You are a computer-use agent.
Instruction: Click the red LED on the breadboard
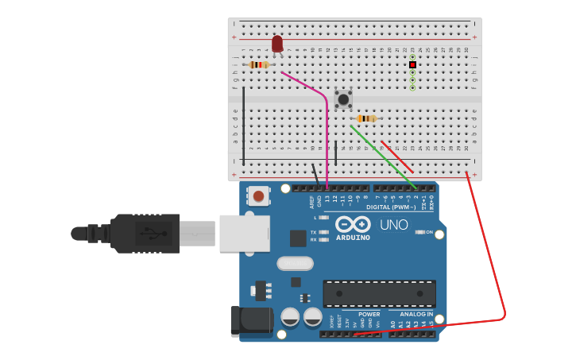276,44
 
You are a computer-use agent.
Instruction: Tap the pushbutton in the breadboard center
343,99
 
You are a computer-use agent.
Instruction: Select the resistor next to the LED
258,64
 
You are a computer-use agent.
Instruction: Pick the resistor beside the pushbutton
366,118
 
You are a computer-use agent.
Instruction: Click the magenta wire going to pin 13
327,135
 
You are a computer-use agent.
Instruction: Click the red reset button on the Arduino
258,195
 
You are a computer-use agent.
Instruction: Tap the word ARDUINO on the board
352,237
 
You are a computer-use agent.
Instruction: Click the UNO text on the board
393,225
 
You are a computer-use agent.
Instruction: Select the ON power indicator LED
420,232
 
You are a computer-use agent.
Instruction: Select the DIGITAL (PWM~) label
391,207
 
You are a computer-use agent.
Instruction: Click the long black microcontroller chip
379,293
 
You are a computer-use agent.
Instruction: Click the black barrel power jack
250,320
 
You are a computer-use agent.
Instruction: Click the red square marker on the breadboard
412,64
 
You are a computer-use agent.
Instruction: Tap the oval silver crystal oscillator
295,263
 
